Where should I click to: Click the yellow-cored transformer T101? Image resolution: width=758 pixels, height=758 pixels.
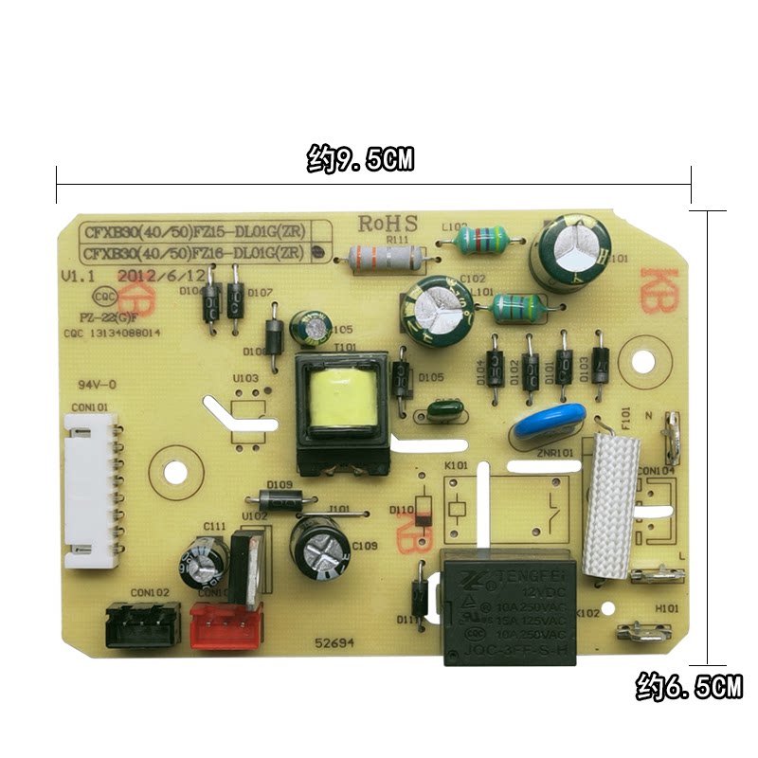point(341,413)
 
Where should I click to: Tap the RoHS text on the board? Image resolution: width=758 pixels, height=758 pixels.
point(388,225)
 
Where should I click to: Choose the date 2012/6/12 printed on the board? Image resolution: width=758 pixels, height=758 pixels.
point(158,276)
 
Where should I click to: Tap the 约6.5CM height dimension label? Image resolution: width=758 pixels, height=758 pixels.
point(688,687)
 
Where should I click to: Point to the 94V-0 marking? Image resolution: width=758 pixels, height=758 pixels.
point(97,386)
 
